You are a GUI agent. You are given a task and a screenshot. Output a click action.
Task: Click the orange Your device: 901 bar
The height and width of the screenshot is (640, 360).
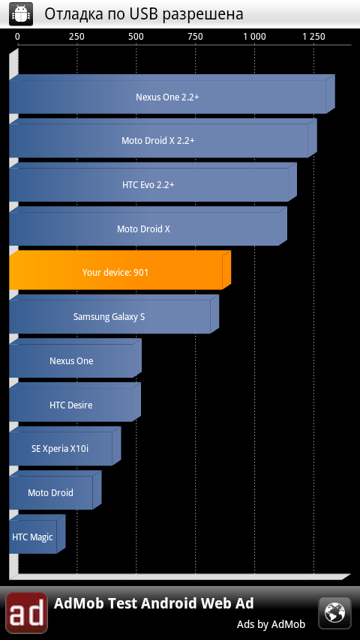click(120, 271)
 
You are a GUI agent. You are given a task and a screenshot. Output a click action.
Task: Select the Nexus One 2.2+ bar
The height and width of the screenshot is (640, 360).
click(172, 94)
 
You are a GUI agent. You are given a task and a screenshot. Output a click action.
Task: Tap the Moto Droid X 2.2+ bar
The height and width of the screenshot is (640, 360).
click(163, 138)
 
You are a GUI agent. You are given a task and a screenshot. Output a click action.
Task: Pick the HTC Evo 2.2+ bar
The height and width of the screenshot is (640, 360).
click(153, 182)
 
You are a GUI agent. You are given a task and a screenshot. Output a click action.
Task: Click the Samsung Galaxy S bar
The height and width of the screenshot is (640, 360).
click(114, 314)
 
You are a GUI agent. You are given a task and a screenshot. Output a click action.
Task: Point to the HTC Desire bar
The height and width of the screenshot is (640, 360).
click(75, 402)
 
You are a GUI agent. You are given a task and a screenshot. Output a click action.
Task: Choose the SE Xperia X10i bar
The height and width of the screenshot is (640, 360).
click(65, 447)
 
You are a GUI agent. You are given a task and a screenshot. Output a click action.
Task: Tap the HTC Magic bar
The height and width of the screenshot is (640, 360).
click(37, 534)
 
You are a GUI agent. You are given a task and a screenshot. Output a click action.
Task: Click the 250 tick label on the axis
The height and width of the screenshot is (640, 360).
click(76, 37)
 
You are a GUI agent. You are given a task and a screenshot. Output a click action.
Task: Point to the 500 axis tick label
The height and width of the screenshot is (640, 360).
click(136, 37)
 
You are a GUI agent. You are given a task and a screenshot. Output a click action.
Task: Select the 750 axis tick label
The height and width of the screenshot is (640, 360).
click(195, 37)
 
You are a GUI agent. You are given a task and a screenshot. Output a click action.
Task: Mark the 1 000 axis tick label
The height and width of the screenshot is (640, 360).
click(254, 37)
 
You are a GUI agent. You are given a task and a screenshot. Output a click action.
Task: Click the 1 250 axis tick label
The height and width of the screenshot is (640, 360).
click(313, 37)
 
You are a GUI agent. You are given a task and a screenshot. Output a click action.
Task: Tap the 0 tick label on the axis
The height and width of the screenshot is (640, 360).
click(17, 37)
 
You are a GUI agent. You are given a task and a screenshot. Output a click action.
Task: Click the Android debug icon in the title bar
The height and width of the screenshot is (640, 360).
click(21, 14)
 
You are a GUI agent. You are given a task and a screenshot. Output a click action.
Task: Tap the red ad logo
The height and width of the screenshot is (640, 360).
click(26, 613)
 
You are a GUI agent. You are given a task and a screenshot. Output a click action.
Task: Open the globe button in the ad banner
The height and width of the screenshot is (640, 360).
click(334, 613)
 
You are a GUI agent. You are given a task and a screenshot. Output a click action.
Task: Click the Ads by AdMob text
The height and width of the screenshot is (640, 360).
click(271, 624)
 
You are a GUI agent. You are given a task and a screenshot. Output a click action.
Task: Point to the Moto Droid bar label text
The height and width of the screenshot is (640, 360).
click(51, 492)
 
